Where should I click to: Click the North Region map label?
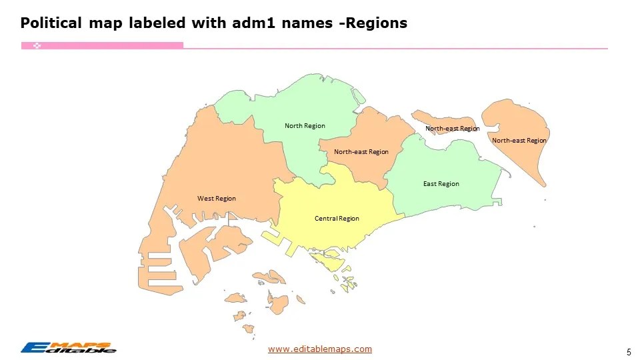click(305, 126)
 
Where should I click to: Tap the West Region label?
click(217, 199)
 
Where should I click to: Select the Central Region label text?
click(337, 219)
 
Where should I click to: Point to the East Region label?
click(441, 184)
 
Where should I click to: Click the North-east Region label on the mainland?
click(361, 152)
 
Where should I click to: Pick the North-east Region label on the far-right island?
click(519, 141)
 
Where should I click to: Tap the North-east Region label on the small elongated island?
click(453, 129)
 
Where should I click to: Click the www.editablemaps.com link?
click(320, 349)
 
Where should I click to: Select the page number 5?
click(629, 351)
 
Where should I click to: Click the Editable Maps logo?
click(68, 347)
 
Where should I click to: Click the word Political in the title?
click(50, 23)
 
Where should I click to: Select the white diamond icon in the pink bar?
click(37, 45)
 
